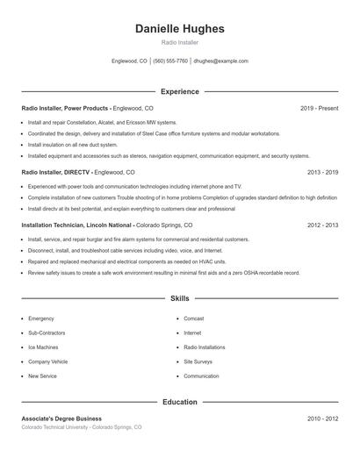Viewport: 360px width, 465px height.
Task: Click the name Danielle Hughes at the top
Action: [180, 28]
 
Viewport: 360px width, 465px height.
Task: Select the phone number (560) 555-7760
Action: [170, 61]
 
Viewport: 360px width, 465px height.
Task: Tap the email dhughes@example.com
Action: [220, 61]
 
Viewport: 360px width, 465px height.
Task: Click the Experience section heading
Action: [180, 91]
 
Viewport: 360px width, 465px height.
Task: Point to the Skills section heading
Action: [180, 299]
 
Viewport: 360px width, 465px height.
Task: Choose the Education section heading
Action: [180, 402]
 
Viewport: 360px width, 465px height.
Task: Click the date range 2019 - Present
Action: [319, 108]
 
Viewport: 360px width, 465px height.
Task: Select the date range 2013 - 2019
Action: [322, 173]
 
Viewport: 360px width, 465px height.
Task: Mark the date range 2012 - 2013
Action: [322, 225]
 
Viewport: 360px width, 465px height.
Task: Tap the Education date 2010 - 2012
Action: [322, 418]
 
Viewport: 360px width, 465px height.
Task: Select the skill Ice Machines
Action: [44, 347]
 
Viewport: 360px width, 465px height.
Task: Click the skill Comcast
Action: [194, 318]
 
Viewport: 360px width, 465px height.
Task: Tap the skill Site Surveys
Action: [198, 361]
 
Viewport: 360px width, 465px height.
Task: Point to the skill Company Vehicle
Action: [47, 361]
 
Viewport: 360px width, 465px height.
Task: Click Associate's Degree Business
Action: [61, 418]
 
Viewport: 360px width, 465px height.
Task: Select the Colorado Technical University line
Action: [81, 427]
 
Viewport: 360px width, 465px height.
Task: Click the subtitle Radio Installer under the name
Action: [180, 42]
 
